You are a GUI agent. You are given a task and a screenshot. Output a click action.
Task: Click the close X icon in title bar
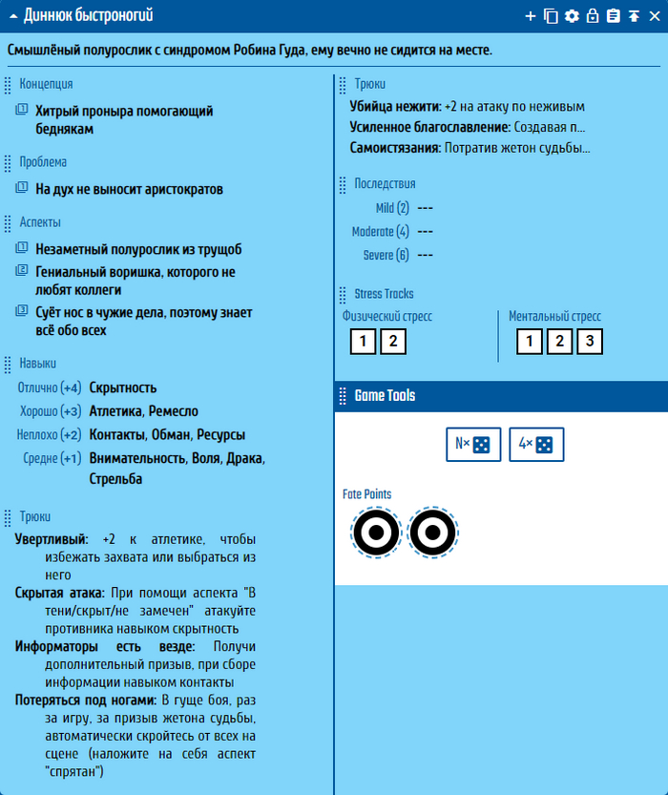tap(654, 15)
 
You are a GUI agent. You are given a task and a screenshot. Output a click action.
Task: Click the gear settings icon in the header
tap(572, 15)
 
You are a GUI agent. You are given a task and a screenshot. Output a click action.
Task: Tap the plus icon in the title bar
tap(531, 15)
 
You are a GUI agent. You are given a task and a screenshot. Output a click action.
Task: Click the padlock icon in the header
tap(593, 15)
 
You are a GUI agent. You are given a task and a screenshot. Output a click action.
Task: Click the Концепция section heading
tap(46, 84)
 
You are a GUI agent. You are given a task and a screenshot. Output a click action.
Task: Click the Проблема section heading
tap(43, 162)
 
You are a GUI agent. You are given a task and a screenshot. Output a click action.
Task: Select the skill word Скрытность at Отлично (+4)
tap(123, 387)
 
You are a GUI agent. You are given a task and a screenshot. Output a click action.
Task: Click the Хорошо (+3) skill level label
tap(51, 411)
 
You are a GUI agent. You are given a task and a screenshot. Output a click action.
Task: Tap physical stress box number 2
tap(393, 341)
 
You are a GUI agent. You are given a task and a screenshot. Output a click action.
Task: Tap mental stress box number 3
tap(590, 341)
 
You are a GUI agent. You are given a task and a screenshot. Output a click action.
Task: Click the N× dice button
tap(473, 445)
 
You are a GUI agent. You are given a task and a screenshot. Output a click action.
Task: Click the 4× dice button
tap(536, 445)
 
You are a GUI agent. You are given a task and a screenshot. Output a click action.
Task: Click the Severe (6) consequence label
tap(386, 255)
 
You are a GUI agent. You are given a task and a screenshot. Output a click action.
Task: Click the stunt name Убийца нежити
tap(395, 107)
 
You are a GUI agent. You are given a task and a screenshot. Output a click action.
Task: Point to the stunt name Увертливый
tap(51, 539)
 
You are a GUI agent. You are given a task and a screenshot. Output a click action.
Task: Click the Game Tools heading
tap(385, 395)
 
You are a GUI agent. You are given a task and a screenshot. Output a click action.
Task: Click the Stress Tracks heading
tap(384, 294)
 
